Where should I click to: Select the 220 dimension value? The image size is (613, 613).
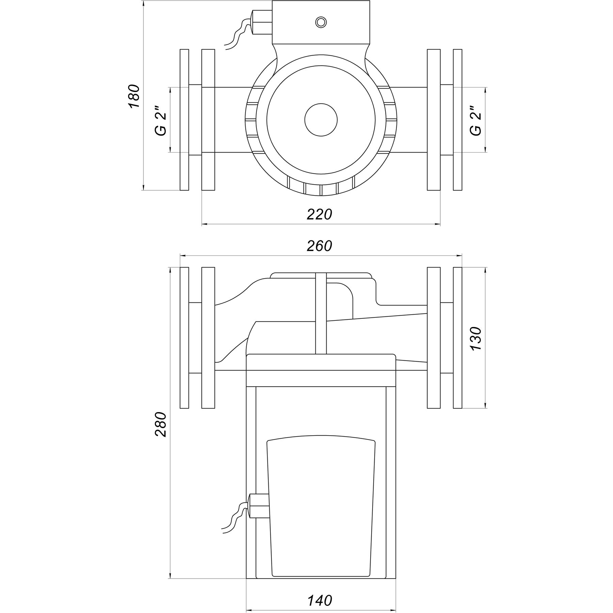(319, 214)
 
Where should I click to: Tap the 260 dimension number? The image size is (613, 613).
(319, 246)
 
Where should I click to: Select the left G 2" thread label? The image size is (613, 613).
(161, 119)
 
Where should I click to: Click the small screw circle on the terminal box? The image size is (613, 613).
(321, 22)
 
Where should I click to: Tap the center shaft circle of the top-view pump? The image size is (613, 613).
(321, 120)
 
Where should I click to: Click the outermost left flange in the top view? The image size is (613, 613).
(184, 120)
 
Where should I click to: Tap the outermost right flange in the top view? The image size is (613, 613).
(458, 120)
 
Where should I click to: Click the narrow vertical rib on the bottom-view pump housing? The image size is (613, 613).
(321, 313)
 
